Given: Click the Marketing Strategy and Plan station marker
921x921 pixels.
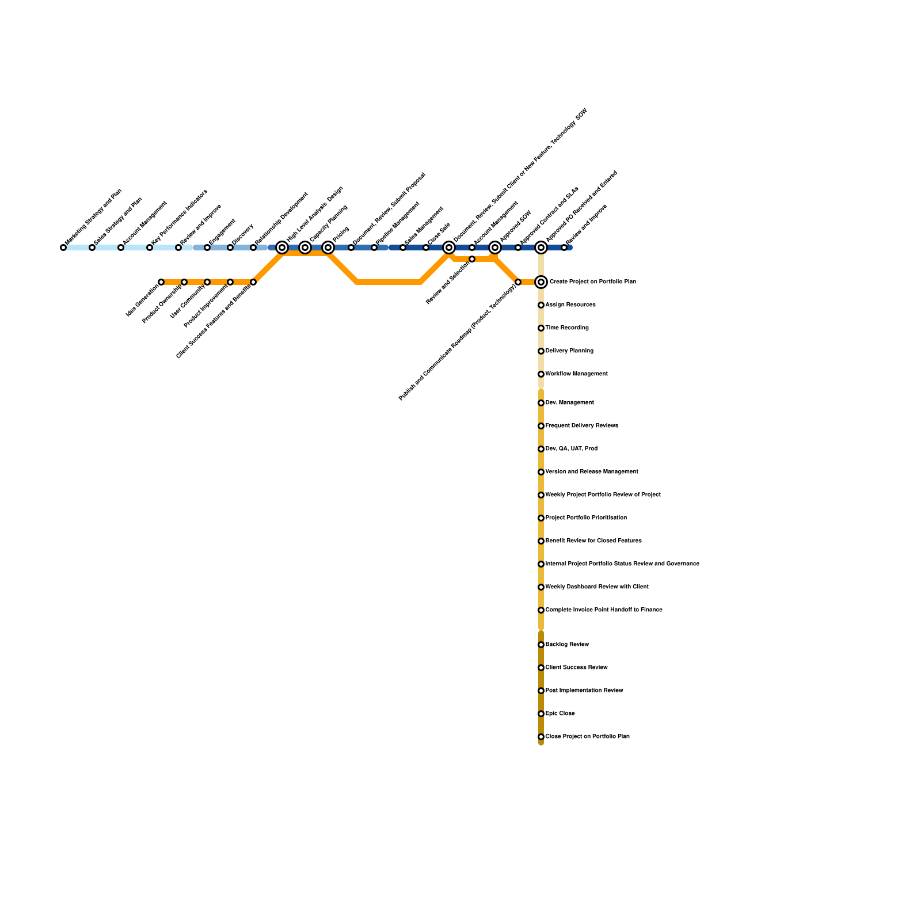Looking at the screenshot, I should [x=63, y=248].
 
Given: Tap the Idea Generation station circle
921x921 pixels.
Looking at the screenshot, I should [x=161, y=282].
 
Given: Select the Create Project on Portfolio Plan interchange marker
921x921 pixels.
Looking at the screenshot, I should [x=541, y=282].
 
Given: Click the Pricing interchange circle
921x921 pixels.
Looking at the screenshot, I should [x=328, y=248].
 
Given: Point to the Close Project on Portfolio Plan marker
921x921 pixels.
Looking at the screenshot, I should [x=541, y=737].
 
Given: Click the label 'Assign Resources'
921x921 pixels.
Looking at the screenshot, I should [x=570, y=305].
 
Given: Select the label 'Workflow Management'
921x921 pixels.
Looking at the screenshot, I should [x=576, y=374].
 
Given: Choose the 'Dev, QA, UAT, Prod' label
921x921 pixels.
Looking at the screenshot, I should [x=571, y=449].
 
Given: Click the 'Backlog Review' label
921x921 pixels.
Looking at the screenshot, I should [x=567, y=645].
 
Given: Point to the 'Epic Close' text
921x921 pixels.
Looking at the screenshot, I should [x=560, y=714].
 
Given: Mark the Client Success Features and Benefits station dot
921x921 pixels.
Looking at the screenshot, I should [x=253, y=282].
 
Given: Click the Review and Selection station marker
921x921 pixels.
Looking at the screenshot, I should [x=472, y=259].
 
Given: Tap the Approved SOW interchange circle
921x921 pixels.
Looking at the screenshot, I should [x=495, y=248].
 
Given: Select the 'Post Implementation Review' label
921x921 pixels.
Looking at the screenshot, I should [x=584, y=691].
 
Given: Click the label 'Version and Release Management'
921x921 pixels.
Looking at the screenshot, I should [x=591, y=472].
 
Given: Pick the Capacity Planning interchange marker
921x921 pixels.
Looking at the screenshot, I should [x=305, y=248].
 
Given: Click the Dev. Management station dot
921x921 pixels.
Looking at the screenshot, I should [x=541, y=403].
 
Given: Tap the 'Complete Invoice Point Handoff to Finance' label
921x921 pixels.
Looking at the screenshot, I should [x=603, y=610].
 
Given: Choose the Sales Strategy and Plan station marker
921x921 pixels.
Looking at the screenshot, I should [x=92, y=248].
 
